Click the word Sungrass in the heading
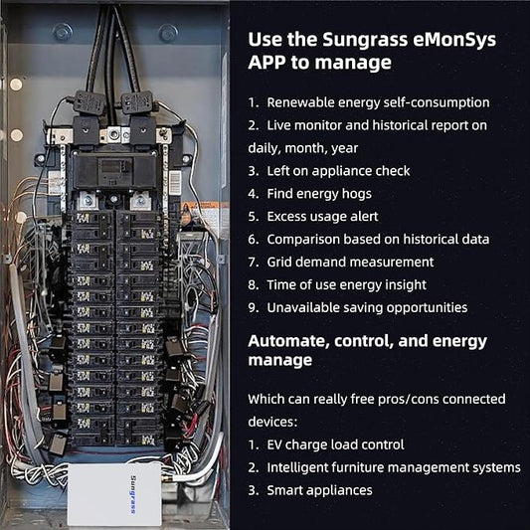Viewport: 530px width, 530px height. pos(365,40)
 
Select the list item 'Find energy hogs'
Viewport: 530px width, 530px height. pos(319,194)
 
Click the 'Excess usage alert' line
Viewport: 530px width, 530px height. pos(322,217)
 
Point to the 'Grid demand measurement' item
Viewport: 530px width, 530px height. pos(350,262)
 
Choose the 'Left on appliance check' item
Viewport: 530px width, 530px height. pos(338,171)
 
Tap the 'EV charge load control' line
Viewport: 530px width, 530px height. pos(335,444)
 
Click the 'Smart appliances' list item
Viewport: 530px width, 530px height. pos(319,490)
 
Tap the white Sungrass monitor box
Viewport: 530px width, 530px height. pos(114,494)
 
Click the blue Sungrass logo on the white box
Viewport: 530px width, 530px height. pos(133,494)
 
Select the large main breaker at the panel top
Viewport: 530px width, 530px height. pos(115,170)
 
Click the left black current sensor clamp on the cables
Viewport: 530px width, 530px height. pos(89,101)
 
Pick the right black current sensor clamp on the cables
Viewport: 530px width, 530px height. pos(137,101)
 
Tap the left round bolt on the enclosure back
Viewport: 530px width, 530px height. pos(63,33)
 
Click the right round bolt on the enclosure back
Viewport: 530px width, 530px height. pos(168,33)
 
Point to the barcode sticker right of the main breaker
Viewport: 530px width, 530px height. pos(175,183)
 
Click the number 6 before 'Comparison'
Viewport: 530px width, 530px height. pos(253,240)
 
